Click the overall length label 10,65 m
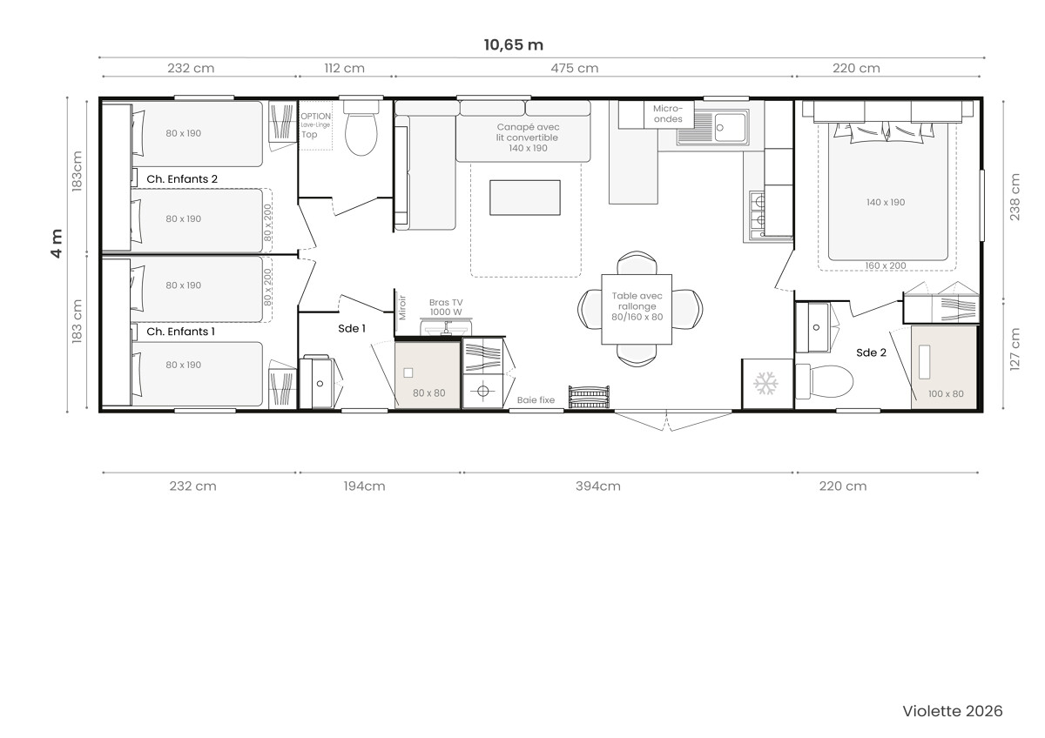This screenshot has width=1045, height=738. [513, 44]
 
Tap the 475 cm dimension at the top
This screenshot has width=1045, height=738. [574, 68]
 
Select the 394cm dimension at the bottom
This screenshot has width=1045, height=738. [597, 486]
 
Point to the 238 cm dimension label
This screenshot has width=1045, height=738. [1015, 197]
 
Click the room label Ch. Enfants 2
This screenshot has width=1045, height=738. [182, 179]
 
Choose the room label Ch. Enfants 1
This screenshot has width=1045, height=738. [180, 332]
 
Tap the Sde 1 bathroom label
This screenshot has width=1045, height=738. [352, 329]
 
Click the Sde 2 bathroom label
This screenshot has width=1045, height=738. [871, 353]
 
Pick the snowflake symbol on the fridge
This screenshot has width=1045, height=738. [765, 383]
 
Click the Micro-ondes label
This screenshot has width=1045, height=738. [668, 113]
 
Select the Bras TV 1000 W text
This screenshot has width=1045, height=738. [446, 307]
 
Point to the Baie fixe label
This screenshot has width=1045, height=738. [536, 400]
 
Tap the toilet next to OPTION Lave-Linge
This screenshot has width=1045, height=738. [361, 128]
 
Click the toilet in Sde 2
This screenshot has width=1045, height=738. [825, 382]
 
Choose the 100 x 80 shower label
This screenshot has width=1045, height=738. [946, 394]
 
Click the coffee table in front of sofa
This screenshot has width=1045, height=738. [525, 198]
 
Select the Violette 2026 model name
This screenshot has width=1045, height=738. [953, 711]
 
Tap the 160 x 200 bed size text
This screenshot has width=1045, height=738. [886, 265]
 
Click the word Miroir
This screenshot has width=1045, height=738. [402, 308]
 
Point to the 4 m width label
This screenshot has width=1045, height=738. [57, 244]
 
